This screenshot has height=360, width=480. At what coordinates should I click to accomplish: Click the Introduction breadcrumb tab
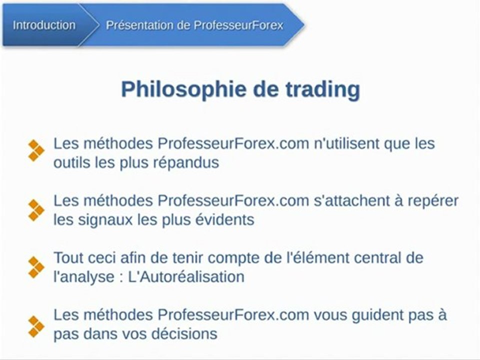pos(44,25)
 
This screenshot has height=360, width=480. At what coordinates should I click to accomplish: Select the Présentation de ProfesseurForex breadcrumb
pos(194,25)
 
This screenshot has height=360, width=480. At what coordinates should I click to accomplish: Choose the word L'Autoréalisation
pos(186,277)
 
